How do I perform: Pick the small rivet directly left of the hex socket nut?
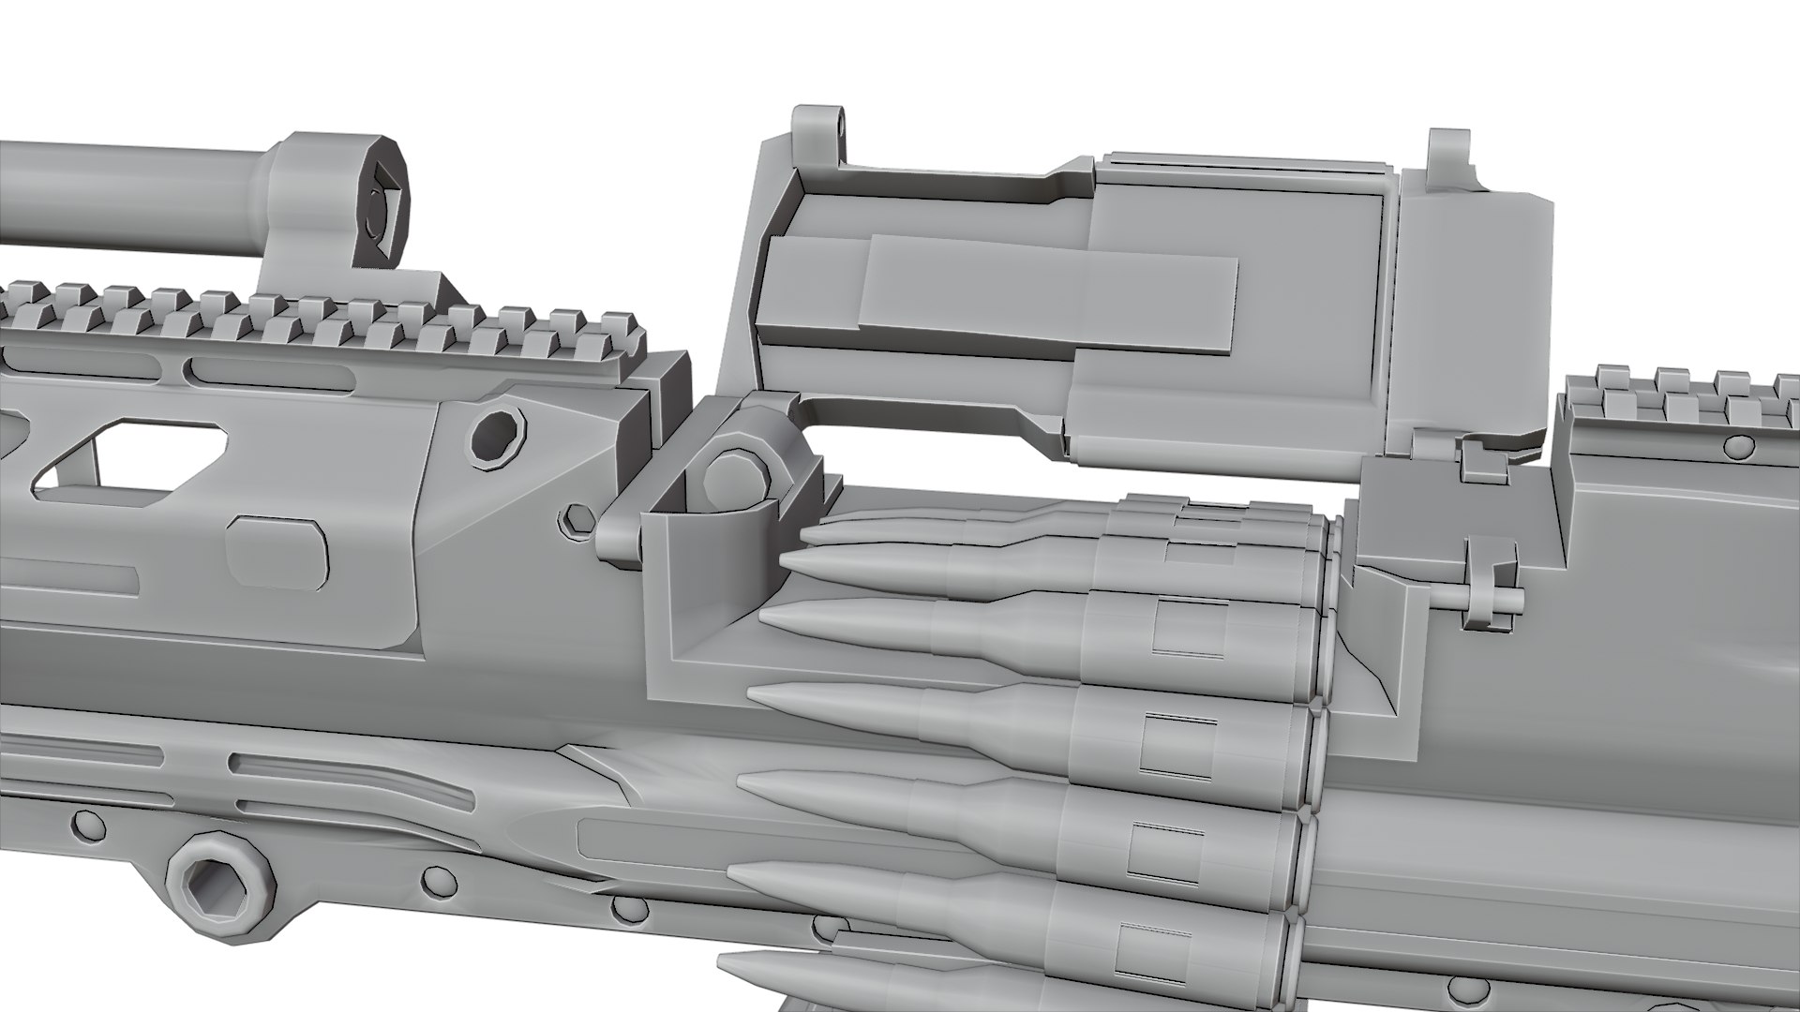pos(84,825)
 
